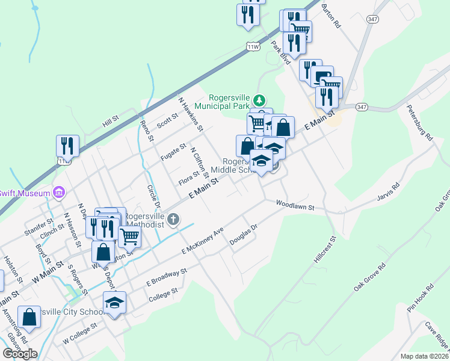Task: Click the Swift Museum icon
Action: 59,193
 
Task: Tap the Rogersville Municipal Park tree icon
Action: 259,99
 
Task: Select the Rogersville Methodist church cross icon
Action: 173,219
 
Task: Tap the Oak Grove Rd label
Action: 369,277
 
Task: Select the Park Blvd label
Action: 280,53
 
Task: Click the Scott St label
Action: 167,121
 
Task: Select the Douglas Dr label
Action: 243,235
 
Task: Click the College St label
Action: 163,294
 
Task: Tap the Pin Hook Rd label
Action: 420,298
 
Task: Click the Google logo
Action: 20,353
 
